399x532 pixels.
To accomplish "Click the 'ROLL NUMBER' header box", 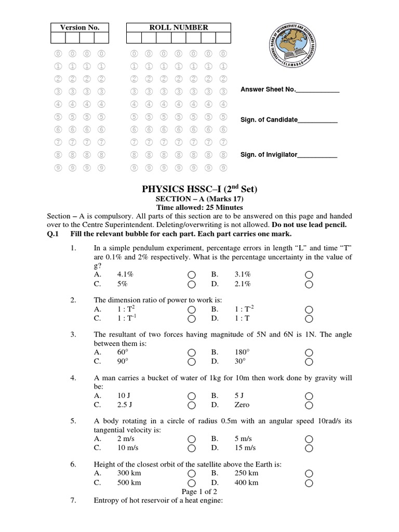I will click(x=178, y=28).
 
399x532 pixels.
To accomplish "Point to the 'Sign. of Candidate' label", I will click(x=269, y=120).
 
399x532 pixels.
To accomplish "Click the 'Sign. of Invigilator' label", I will click(x=268, y=155).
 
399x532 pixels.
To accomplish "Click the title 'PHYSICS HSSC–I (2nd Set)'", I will click(x=199, y=189).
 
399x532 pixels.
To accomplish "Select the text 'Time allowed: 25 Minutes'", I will click(x=199, y=207).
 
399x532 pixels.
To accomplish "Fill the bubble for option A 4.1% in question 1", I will click(x=192, y=274).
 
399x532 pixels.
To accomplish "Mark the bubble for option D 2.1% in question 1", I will click(x=309, y=284).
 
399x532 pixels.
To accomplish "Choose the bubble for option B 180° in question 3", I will click(x=309, y=352).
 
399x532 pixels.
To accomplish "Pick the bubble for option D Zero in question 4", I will click(x=309, y=405).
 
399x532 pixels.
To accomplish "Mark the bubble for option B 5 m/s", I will click(x=309, y=438).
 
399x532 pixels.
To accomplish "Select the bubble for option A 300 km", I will click(x=192, y=473).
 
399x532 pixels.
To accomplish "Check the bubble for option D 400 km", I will click(x=309, y=483).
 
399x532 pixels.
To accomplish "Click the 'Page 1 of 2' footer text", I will click(x=199, y=491).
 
